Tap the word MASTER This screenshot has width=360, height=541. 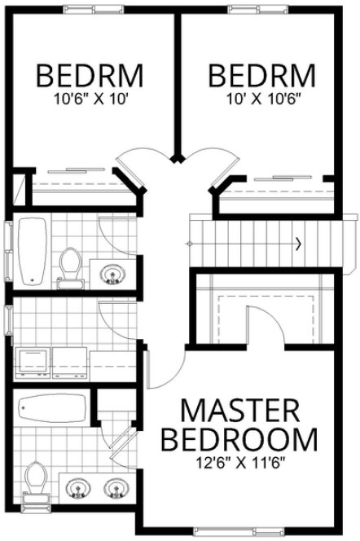click(238, 410)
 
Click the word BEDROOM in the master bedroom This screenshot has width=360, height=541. click(238, 440)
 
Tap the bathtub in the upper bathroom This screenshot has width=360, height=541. click(33, 250)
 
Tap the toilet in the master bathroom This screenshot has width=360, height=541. click(34, 478)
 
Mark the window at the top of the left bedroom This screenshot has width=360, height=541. click(90, 7)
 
